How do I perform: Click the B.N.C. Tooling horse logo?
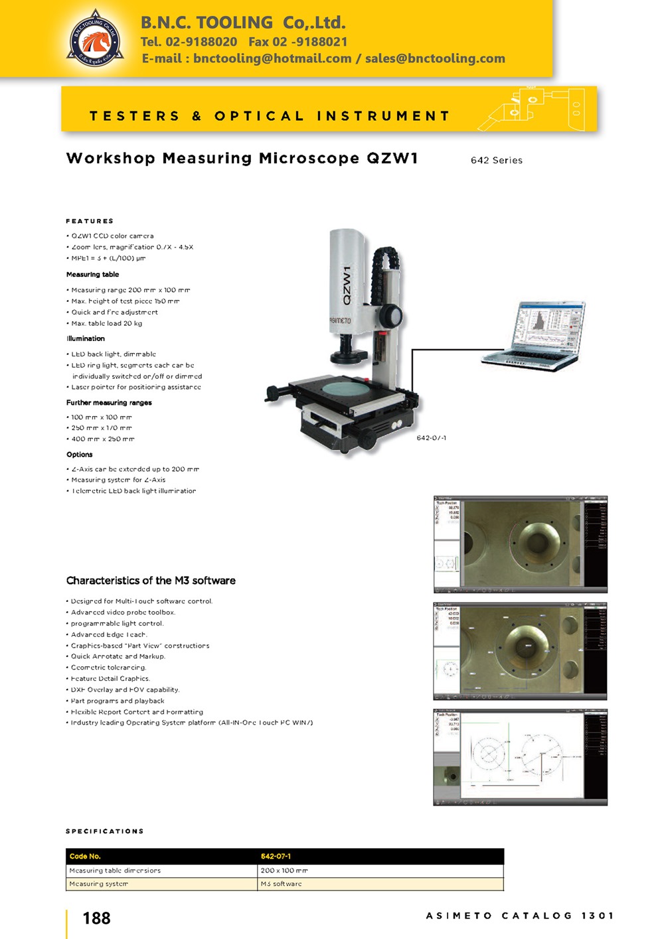coord(96,38)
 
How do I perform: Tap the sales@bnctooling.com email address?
coord(435,58)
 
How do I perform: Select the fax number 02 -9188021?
coord(298,42)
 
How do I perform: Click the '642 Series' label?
coord(496,161)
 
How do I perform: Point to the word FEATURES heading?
coord(90,221)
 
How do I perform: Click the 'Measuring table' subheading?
coord(92,274)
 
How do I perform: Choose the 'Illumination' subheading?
coord(85,338)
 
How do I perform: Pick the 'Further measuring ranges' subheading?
coord(109,403)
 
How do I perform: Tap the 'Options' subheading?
coord(79,455)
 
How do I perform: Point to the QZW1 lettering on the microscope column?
coord(347,285)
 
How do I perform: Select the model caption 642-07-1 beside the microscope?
coord(431,438)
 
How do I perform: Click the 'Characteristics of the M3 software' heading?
coord(151,581)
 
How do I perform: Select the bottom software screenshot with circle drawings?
coord(520,757)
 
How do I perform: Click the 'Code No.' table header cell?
coord(85,856)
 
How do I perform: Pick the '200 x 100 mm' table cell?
coord(284,870)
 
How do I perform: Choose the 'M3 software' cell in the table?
coord(281,884)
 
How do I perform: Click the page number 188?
coord(96,918)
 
